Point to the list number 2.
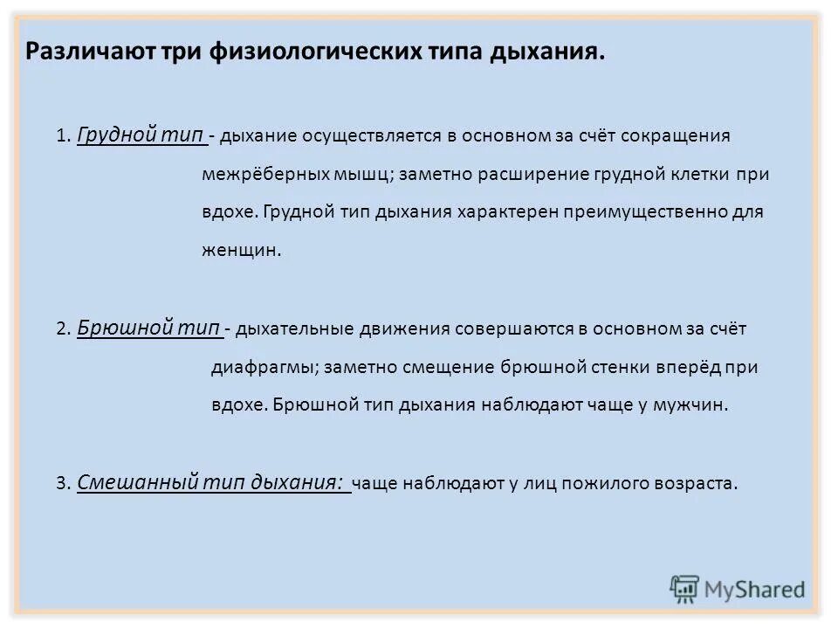coord(61,330)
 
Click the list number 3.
coord(61,483)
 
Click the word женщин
coord(240,250)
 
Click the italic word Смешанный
coord(138,481)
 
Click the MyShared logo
coord(738,588)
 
